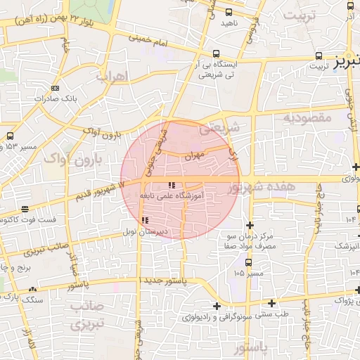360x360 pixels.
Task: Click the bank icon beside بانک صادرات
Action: pos(56,88)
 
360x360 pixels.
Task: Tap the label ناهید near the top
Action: pos(231,23)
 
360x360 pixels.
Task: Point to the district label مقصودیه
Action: pos(307,118)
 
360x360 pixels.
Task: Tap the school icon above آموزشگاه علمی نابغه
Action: pos(171,185)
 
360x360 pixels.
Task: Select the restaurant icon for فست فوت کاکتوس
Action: pos(25,210)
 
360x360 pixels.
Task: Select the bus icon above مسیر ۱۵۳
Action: pos(10,136)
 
